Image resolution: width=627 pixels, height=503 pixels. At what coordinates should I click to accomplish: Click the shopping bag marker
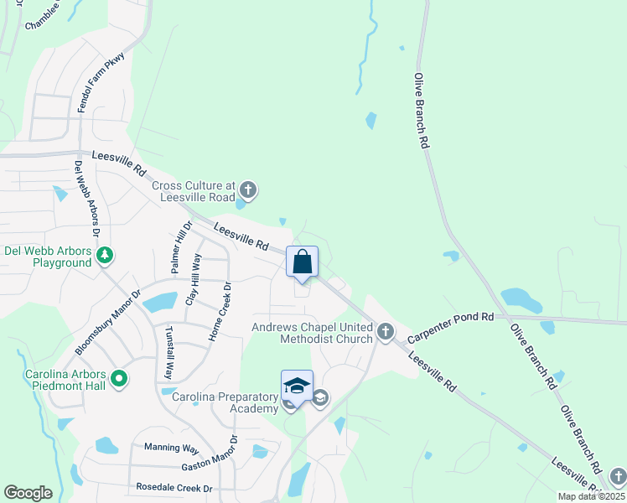303,262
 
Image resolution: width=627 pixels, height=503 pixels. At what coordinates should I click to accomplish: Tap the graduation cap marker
297,386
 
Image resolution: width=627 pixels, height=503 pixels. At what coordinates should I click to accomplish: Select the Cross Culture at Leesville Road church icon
247,189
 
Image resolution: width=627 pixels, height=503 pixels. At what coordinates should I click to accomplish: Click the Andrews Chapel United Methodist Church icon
385,332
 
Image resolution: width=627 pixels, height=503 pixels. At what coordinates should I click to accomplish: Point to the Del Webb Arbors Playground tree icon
105,255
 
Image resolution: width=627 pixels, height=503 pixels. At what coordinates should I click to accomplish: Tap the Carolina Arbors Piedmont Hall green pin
118,379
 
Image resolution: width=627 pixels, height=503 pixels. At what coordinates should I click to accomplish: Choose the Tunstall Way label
168,352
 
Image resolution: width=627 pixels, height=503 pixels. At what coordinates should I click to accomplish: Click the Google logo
28,493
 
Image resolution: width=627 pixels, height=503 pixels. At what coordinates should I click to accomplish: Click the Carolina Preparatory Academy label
225,402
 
